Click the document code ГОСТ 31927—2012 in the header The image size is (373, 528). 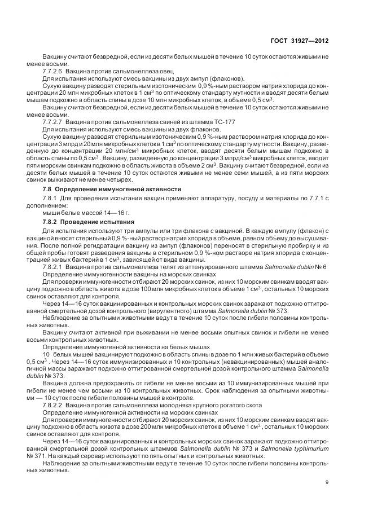[300, 41]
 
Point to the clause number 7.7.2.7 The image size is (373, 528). [53, 121]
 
